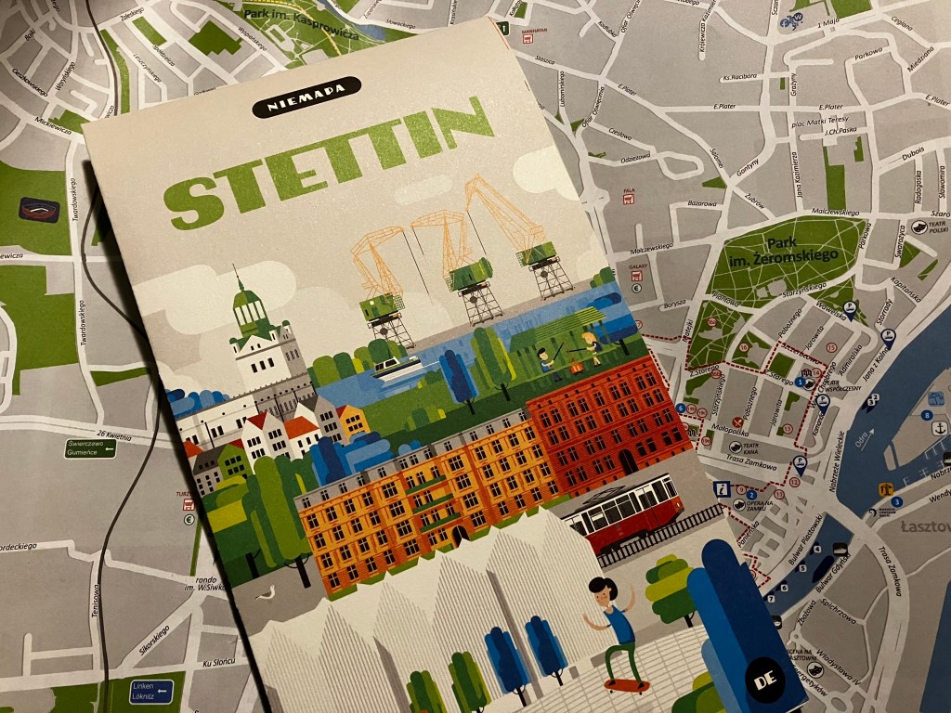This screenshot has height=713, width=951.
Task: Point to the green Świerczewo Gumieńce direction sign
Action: (90, 447)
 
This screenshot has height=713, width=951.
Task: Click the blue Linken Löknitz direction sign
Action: (151, 690)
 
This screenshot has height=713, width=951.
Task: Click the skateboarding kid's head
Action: (603, 590)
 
